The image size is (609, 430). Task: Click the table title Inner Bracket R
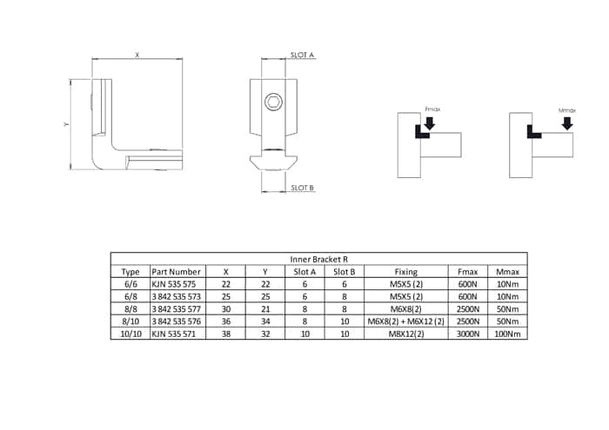pos(319,259)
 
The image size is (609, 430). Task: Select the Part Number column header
pos(176,272)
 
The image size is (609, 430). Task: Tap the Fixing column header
pos(406,272)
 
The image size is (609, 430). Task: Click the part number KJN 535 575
pos(174,284)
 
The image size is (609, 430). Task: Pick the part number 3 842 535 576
pos(177,321)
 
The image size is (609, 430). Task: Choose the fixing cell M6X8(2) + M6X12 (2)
pos(406,321)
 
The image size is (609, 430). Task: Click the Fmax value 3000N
pos(468,334)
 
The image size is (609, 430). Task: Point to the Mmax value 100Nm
pos(507,334)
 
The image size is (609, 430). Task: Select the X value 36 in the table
pos(225,321)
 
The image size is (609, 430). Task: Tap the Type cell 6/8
pos(130,296)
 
